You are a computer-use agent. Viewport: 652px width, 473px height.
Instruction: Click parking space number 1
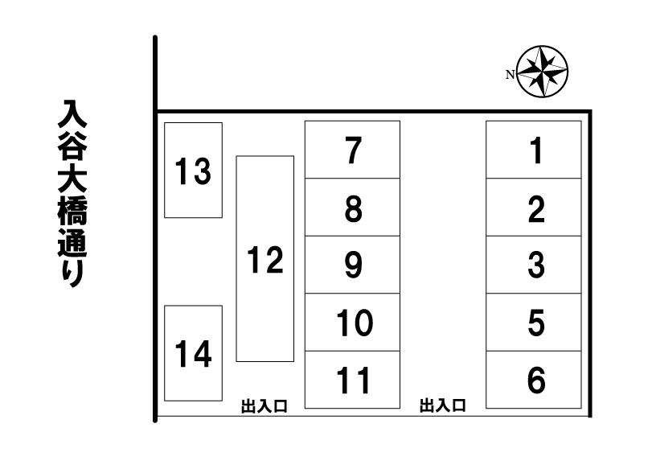point(534,150)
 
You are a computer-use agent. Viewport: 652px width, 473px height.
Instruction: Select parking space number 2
point(534,208)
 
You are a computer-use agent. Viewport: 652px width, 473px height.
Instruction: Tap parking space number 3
point(534,265)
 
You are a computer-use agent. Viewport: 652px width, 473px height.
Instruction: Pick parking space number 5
point(534,323)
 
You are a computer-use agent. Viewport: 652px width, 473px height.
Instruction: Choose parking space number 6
point(534,380)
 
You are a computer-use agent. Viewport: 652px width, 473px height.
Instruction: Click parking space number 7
point(352,150)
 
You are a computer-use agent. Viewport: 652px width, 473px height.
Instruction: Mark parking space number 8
point(352,208)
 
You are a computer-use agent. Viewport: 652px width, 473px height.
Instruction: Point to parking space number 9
point(352,265)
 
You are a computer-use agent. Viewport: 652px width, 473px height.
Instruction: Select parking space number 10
point(352,323)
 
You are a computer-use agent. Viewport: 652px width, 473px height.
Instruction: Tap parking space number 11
point(352,380)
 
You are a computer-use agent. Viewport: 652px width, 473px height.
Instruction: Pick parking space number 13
point(193,170)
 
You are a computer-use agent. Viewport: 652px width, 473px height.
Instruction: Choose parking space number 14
point(193,353)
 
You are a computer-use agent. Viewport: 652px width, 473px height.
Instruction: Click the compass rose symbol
point(543,71)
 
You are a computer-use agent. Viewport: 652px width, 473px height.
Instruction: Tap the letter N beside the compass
point(510,75)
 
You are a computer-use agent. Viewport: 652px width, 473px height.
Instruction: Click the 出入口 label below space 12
point(264,407)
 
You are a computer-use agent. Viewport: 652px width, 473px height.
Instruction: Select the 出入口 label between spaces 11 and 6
point(443,406)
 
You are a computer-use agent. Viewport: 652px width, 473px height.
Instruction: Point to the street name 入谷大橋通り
point(72,193)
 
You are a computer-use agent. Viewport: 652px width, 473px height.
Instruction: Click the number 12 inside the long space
point(264,260)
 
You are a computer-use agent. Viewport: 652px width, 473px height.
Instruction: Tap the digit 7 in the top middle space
point(352,150)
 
